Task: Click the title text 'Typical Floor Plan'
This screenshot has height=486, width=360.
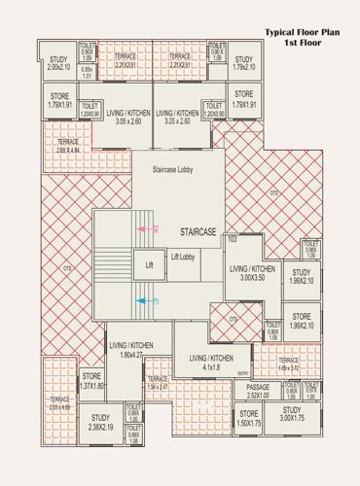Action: (303, 32)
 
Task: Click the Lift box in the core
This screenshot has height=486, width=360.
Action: (150, 263)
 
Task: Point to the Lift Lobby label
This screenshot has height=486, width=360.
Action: (184, 257)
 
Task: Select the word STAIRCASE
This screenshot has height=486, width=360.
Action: (198, 232)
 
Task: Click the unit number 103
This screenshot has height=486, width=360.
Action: (232, 238)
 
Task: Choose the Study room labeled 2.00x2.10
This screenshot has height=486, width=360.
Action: (58, 63)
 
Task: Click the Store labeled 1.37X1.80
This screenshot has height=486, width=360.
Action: (91, 380)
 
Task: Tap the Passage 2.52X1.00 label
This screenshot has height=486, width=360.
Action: (257, 391)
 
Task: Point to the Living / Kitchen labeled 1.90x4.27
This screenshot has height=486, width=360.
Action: (131, 350)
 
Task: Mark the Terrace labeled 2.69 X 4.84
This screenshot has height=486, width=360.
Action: (60, 146)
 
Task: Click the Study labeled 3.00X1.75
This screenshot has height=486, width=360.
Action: (292, 417)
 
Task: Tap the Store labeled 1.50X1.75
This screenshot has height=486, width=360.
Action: (249, 418)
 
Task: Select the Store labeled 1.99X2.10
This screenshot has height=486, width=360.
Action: (302, 321)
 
